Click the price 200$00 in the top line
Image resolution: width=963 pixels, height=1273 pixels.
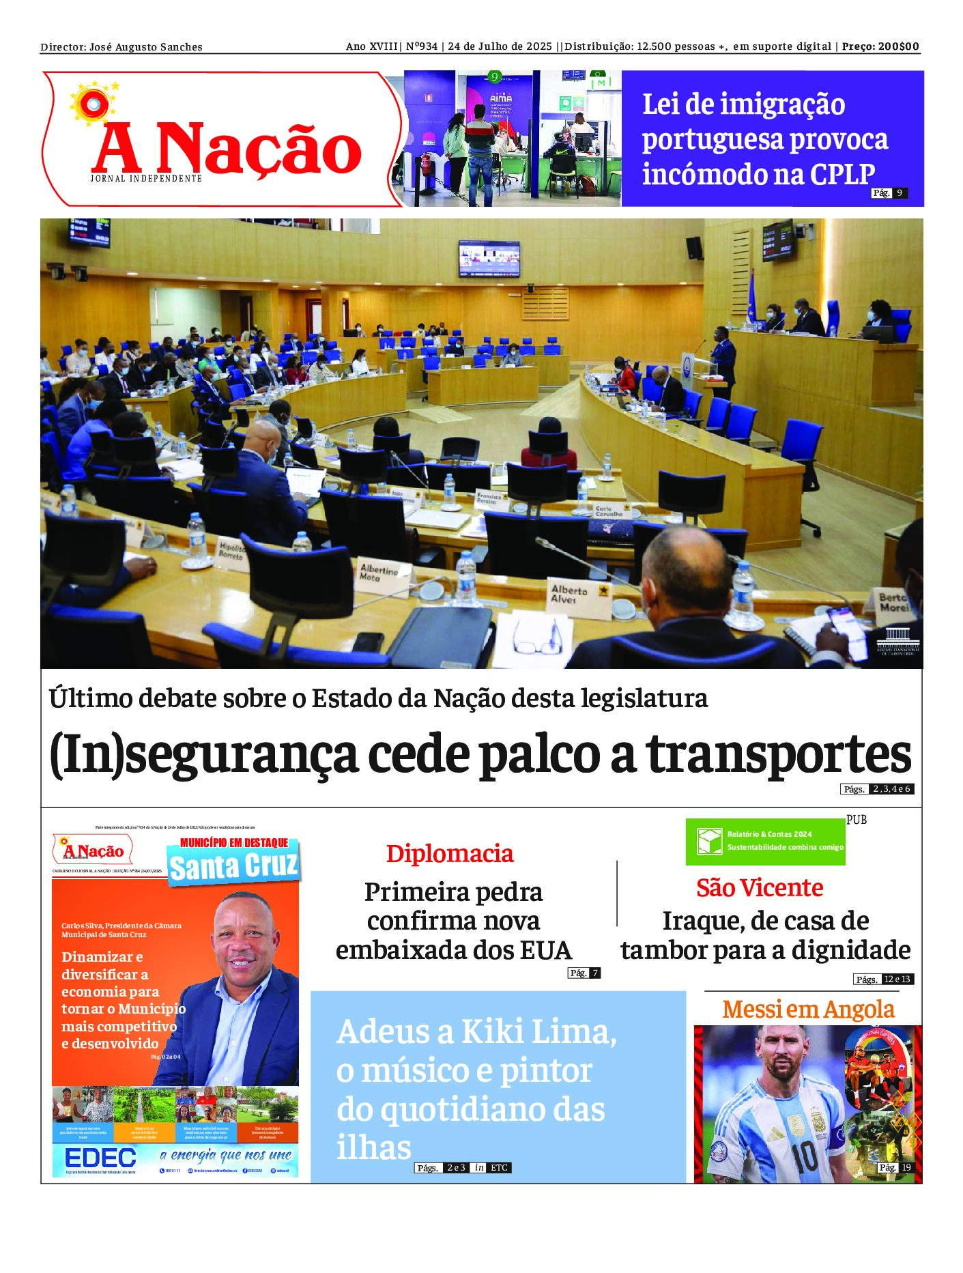click(898, 46)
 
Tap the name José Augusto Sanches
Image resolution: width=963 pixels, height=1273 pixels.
click(146, 47)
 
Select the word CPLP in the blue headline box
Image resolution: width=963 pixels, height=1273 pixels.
click(842, 175)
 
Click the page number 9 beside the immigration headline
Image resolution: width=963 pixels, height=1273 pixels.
click(900, 193)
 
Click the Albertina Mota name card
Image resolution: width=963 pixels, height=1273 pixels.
click(379, 572)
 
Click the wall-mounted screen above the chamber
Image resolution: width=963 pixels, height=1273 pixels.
click(489, 259)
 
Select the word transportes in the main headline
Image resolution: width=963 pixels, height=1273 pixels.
click(778, 755)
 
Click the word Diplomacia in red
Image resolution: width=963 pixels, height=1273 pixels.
click(450, 853)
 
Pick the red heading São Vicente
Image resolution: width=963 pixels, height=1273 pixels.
click(760, 887)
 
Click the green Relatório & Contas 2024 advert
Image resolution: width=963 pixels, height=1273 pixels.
click(765, 841)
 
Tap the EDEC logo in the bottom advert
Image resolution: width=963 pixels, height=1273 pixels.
click(100, 1157)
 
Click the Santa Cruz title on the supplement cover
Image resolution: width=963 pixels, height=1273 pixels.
click(233, 867)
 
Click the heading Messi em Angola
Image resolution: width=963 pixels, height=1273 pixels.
click(808, 1009)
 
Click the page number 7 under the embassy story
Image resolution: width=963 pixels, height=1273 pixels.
click(595, 973)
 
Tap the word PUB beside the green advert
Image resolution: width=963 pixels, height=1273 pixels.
click(857, 820)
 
